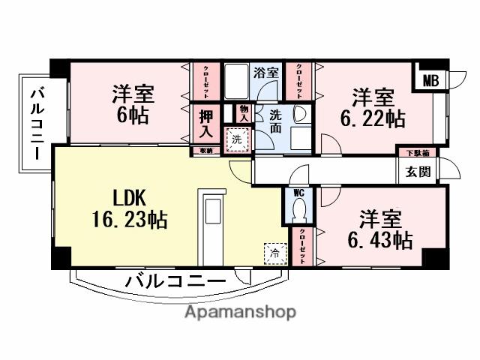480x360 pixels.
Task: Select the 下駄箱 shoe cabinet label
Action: pyautogui.click(x=418, y=153)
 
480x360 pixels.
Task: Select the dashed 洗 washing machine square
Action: pyautogui.click(x=237, y=139)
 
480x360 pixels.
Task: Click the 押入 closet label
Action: pyautogui.click(x=207, y=124)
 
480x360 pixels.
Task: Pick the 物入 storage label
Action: pyautogui.click(x=244, y=113)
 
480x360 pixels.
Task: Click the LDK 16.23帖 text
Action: pyautogui.click(x=133, y=209)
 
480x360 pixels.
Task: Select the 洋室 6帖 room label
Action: pyautogui.click(x=133, y=104)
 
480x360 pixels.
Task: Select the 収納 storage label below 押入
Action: pyautogui.click(x=206, y=151)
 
